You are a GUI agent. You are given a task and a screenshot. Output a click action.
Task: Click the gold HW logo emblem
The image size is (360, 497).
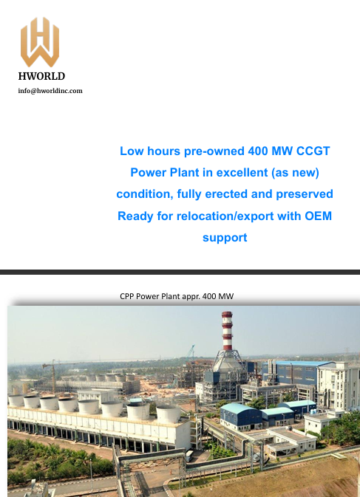tap(40, 42)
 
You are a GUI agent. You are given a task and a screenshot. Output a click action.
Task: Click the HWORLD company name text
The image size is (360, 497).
tap(41, 76)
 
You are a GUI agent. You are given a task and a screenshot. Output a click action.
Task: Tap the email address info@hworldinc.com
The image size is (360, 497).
tap(50, 91)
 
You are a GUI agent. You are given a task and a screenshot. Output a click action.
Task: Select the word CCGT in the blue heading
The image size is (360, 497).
tap(313, 151)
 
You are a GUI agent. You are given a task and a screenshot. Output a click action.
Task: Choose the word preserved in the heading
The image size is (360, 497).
tap(305, 194)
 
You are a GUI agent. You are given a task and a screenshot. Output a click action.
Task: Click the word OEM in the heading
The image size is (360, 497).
tap(318, 216)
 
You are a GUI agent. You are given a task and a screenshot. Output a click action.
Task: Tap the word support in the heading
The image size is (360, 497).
tap(225, 238)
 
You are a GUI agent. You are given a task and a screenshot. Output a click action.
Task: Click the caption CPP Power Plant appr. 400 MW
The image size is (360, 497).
tap(177, 296)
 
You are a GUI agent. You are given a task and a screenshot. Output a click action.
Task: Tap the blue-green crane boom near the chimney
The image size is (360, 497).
tap(190, 352)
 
